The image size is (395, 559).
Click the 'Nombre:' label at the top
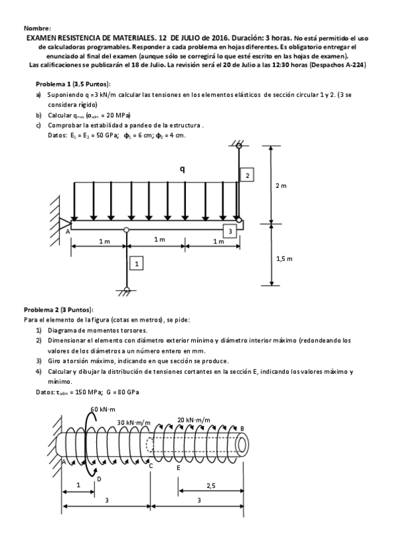pyautogui.click(x=37, y=29)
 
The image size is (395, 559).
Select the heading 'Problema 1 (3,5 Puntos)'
pyautogui.click(x=73, y=84)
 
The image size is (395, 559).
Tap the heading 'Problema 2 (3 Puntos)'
pyautogui.click(x=59, y=310)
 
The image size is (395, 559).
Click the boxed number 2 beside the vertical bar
pyautogui.click(x=247, y=175)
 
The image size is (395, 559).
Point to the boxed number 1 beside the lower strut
pyautogui.click(x=137, y=264)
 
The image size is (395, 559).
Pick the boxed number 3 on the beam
pyautogui.click(x=229, y=231)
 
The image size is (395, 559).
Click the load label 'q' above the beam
pyautogui.click(x=182, y=169)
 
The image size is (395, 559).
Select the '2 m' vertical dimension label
pyautogui.click(x=280, y=186)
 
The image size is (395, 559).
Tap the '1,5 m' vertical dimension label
pyautogui.click(x=283, y=258)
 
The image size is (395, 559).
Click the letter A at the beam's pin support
pyautogui.click(x=67, y=231)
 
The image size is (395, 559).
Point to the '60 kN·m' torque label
pyautogui.click(x=104, y=409)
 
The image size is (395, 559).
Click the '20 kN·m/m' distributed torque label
pyautogui.click(x=194, y=419)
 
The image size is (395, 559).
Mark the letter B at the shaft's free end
pyautogui.click(x=242, y=428)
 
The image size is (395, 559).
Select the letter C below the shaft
pyautogui.click(x=151, y=466)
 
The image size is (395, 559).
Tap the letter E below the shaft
pyautogui.click(x=179, y=467)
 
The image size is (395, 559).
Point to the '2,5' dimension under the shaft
pyautogui.click(x=210, y=485)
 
